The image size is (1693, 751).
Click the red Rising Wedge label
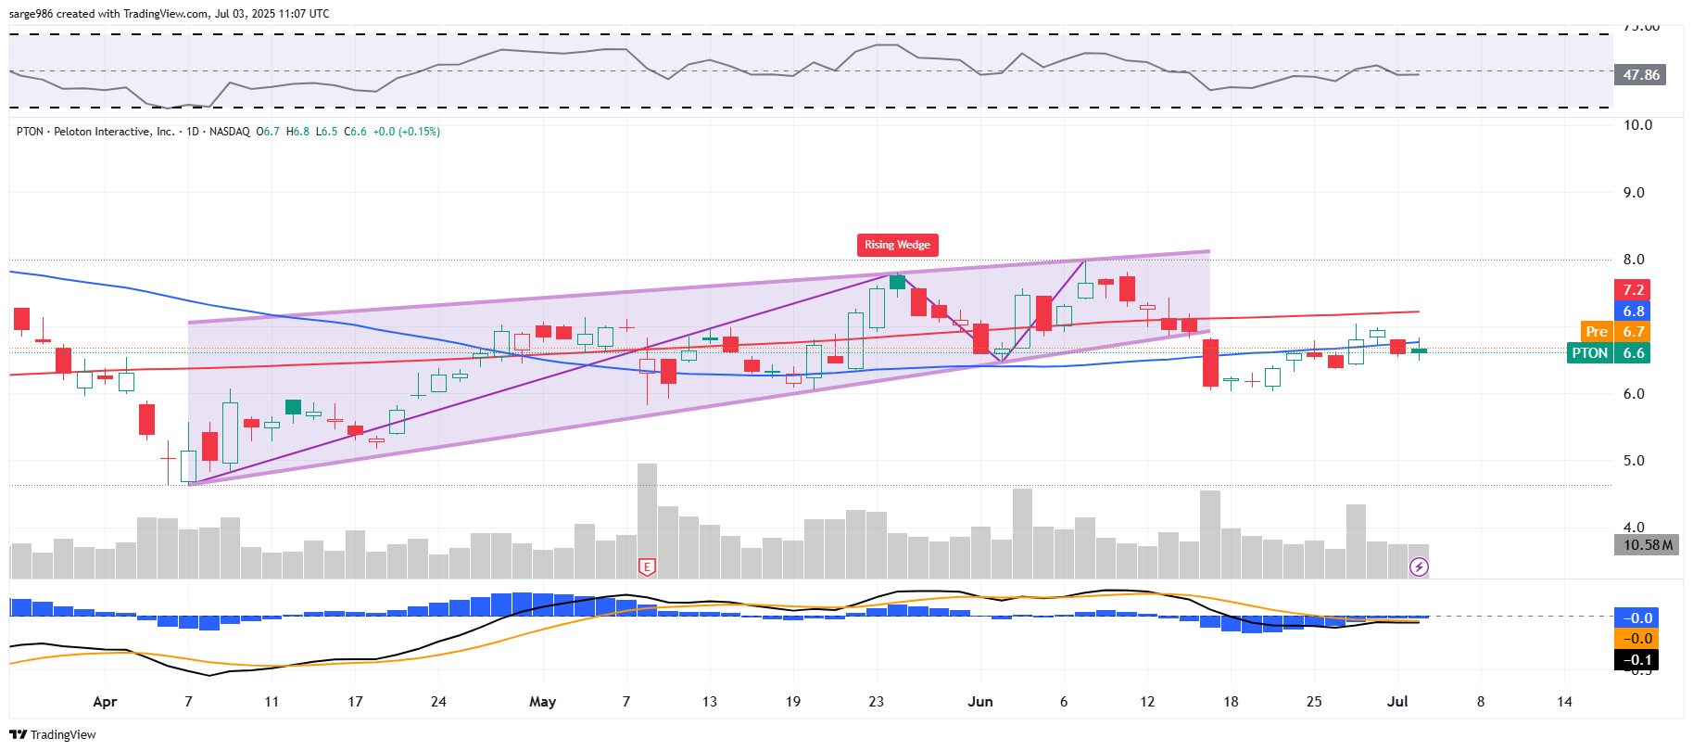tap(897, 245)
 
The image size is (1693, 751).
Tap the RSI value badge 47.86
tap(1640, 75)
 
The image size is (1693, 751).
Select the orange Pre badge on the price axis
tap(1597, 332)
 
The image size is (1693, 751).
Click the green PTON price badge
tap(1589, 353)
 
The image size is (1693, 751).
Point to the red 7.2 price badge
tap(1633, 290)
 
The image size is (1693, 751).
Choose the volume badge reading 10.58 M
tap(1648, 545)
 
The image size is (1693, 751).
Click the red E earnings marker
tap(647, 566)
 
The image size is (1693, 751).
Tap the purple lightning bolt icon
tap(1419, 566)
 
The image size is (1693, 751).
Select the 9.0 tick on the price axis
tap(1633, 193)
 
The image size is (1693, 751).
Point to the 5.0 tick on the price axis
tap(1633, 461)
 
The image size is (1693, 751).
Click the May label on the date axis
tap(542, 702)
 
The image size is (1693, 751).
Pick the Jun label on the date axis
tap(979, 702)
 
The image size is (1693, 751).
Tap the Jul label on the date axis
tap(1397, 702)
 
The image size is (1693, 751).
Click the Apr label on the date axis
tap(105, 702)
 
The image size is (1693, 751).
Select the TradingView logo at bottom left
tap(53, 734)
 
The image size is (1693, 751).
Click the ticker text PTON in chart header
tap(30, 132)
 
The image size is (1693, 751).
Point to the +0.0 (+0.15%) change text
tap(406, 132)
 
